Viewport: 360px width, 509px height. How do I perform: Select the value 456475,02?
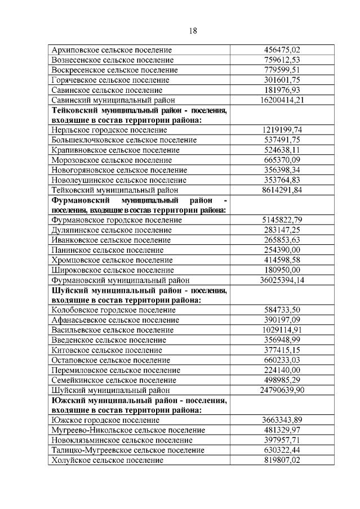click(x=281, y=50)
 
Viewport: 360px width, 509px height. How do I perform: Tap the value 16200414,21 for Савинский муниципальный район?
click(x=281, y=100)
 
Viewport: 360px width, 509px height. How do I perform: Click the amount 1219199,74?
click(x=281, y=130)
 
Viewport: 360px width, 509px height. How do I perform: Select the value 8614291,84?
click(x=281, y=190)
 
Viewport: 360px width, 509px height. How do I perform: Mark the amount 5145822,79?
click(x=281, y=220)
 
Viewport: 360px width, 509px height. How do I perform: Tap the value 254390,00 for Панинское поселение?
click(x=281, y=249)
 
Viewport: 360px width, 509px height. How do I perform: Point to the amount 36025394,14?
click(x=281, y=279)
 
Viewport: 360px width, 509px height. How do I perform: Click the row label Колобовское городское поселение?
click(x=109, y=310)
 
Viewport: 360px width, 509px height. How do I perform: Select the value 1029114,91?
click(x=281, y=329)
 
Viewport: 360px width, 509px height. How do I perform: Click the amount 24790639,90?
click(x=281, y=390)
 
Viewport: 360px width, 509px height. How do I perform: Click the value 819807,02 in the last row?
click(x=281, y=460)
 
